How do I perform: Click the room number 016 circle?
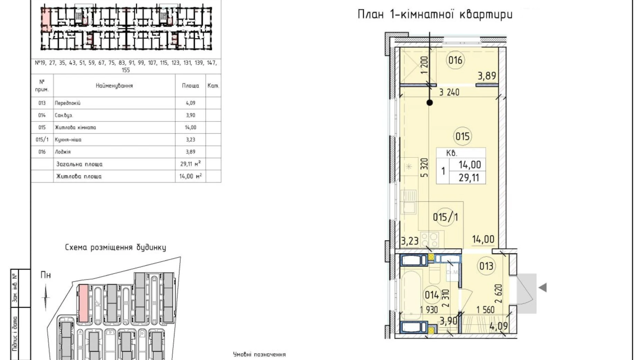(x=455, y=60)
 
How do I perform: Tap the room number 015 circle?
(x=462, y=136)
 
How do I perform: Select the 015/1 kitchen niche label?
(x=445, y=217)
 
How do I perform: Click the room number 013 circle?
(x=486, y=266)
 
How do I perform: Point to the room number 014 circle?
(x=431, y=295)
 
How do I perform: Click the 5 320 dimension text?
(x=424, y=168)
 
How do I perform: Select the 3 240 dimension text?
(x=449, y=92)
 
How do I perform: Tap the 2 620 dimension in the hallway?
(x=499, y=294)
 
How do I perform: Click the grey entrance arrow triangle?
(x=542, y=287)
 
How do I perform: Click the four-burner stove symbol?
(x=429, y=239)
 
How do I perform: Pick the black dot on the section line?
(x=430, y=102)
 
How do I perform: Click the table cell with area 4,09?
(x=190, y=103)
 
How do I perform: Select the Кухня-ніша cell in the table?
(x=68, y=140)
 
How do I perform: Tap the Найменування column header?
(x=114, y=85)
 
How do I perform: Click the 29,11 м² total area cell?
(x=190, y=164)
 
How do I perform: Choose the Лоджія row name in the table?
(x=63, y=152)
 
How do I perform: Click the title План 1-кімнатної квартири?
(x=435, y=15)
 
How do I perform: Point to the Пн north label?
(x=46, y=275)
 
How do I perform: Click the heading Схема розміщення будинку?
(x=115, y=247)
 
